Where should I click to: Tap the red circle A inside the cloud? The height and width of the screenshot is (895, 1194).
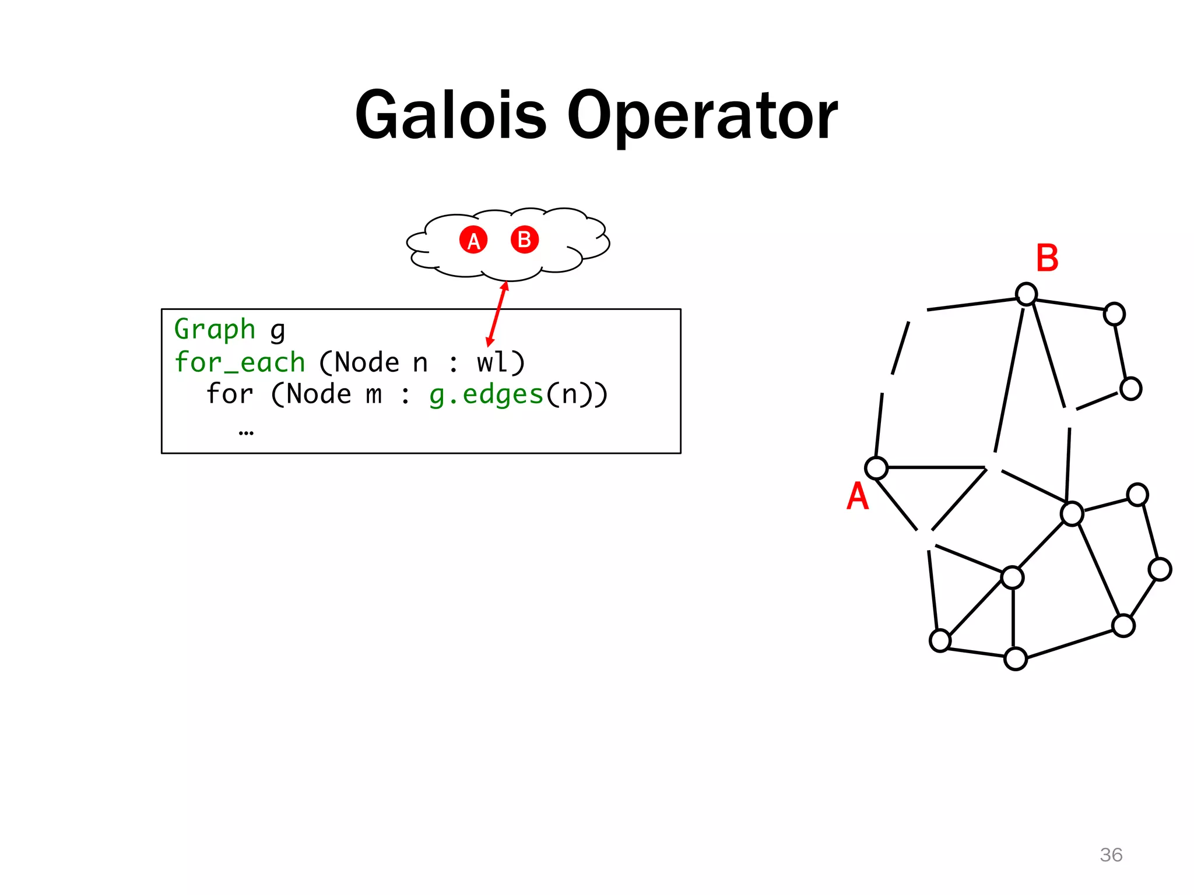click(x=473, y=240)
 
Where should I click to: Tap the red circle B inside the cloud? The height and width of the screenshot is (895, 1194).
click(x=525, y=239)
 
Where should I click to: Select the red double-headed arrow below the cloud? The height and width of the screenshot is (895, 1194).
click(x=497, y=314)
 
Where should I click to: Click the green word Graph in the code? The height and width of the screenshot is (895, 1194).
click(x=215, y=330)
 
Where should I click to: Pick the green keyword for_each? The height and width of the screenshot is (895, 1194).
click(x=240, y=362)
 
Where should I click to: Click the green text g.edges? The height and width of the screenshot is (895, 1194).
click(x=486, y=394)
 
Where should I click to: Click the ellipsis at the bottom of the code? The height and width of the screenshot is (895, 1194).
click(x=246, y=432)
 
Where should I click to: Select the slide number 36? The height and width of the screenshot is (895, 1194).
click(x=1111, y=855)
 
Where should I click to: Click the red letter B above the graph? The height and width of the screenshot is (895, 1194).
click(x=1047, y=258)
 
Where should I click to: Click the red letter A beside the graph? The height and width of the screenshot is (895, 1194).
click(x=857, y=496)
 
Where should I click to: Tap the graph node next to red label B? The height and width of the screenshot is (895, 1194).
click(x=1026, y=294)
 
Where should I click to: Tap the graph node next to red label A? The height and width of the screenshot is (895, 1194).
click(x=876, y=468)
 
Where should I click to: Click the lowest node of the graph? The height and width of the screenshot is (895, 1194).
click(x=1016, y=659)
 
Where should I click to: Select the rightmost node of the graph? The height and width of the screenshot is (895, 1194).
click(x=1160, y=569)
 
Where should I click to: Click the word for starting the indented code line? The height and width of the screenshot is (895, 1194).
click(x=230, y=394)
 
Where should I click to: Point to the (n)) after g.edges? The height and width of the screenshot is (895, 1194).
click(x=577, y=394)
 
